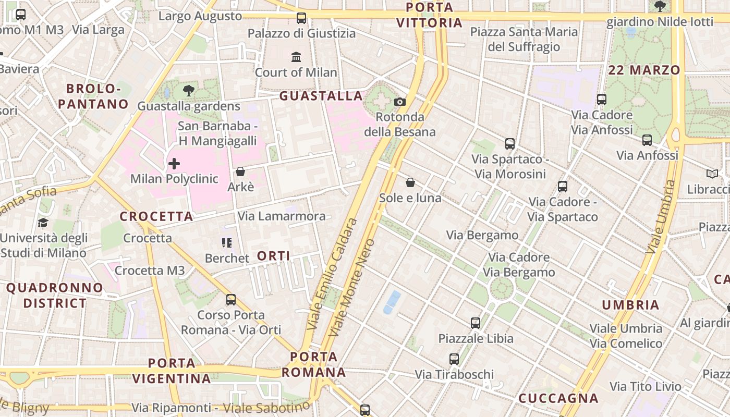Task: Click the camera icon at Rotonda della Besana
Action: tap(400, 102)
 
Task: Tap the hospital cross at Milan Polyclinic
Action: tap(174, 164)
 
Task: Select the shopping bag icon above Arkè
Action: tap(240, 171)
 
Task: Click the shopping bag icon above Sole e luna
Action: tap(410, 182)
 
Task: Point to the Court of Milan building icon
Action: tap(296, 57)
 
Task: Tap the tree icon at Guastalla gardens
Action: tap(189, 91)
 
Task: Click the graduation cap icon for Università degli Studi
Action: tap(43, 223)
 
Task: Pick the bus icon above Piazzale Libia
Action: tap(475, 323)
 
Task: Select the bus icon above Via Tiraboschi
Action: tap(454, 359)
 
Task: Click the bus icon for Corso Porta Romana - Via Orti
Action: tap(231, 300)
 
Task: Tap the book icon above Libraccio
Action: tap(712, 174)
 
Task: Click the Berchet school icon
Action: tap(226, 242)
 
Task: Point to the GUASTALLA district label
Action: tap(321, 96)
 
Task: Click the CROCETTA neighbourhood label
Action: tap(156, 216)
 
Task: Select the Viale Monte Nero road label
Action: tap(353, 288)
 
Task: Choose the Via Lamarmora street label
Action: tap(282, 216)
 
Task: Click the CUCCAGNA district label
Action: tap(558, 398)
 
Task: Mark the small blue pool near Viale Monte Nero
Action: tap(392, 302)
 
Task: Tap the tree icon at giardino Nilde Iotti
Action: tap(660, 6)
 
